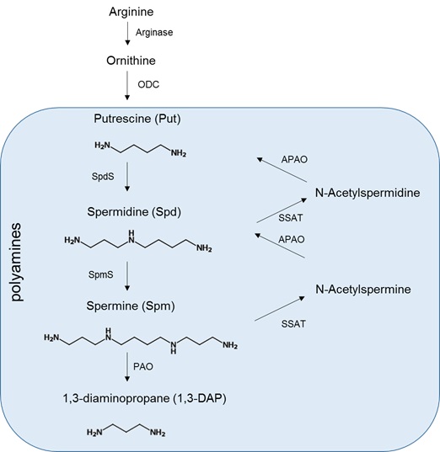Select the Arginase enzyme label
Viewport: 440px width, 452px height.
(158, 33)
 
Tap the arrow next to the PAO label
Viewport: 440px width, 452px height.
(127, 367)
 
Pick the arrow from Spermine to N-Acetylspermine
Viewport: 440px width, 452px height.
(278, 306)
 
